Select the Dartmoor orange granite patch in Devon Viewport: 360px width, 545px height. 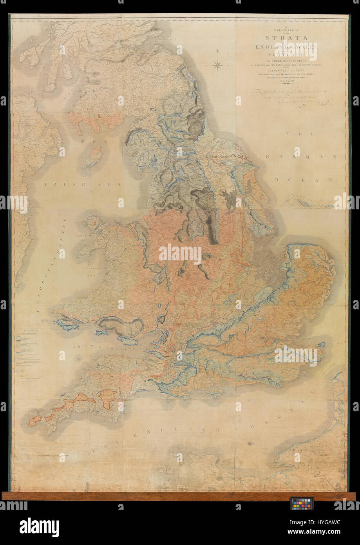[107, 398]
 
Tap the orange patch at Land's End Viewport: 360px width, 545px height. [34, 420]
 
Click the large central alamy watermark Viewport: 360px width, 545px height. [180, 254]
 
